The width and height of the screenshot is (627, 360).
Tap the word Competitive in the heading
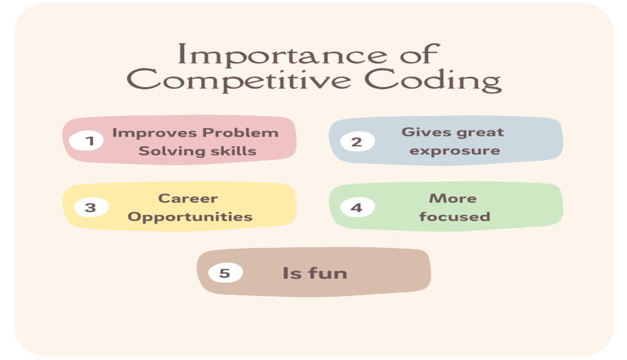click(239, 80)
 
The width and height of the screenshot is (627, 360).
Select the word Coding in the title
click(433, 80)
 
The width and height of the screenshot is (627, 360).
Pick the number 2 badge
click(357, 141)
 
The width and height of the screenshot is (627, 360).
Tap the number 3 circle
click(91, 207)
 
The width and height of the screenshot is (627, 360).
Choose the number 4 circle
click(357, 207)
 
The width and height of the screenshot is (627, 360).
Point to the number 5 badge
click(225, 272)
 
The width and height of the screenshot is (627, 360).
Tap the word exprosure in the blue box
click(455, 151)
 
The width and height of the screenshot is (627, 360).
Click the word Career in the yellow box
click(188, 198)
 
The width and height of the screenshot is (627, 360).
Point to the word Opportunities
click(190, 217)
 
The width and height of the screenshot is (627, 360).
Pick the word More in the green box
click(452, 198)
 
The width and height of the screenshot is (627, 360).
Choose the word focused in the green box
click(455, 217)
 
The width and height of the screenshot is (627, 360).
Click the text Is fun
click(314, 273)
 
